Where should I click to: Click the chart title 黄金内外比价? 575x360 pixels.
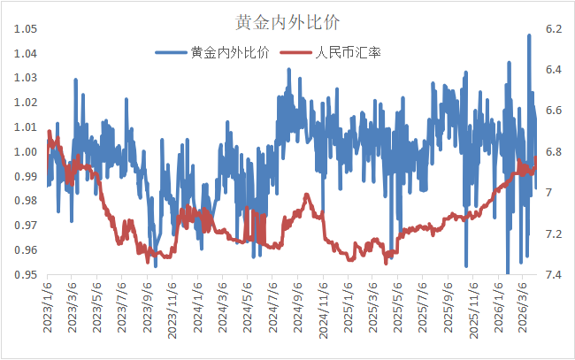point(287,20)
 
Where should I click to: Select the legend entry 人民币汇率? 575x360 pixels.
point(349,53)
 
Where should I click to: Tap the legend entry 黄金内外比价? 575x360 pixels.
point(230,53)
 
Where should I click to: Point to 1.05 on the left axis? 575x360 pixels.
point(25,29)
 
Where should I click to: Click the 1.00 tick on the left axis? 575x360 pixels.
point(25,152)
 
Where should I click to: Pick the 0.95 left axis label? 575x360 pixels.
point(25,275)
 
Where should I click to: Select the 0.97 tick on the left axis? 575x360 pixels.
point(25,226)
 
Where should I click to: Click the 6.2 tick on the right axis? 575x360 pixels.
point(554,29)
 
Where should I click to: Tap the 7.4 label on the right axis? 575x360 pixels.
point(554,275)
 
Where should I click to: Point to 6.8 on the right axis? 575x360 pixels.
point(554,152)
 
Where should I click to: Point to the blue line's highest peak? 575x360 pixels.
point(529,35)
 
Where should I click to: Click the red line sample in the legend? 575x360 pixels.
point(297,53)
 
